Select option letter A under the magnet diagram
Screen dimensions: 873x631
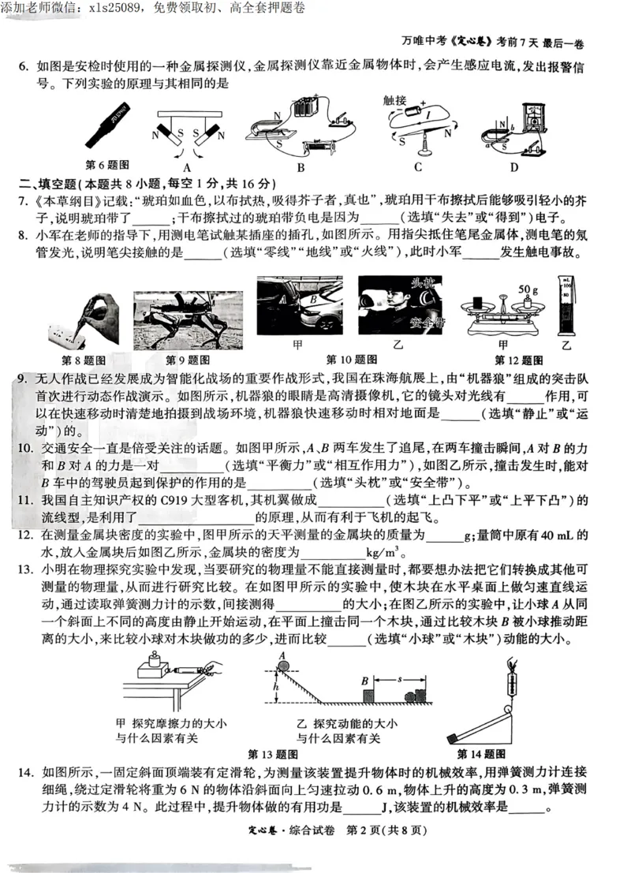[187, 167]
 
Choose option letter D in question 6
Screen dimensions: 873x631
[514, 167]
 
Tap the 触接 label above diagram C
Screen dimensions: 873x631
[394, 100]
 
